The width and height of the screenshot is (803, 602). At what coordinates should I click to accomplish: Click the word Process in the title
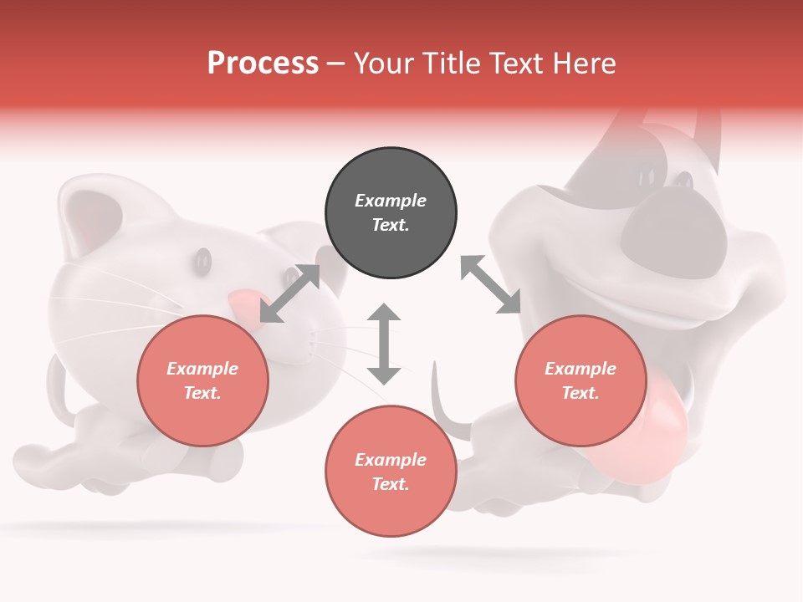(263, 64)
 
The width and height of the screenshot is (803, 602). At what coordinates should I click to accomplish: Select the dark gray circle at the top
(391, 212)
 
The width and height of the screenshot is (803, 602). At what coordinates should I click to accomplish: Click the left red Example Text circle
(202, 380)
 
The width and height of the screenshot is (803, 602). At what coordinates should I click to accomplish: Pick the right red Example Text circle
(581, 380)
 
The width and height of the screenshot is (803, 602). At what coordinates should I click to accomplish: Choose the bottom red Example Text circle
(391, 472)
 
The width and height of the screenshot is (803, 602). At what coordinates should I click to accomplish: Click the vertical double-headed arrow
(384, 344)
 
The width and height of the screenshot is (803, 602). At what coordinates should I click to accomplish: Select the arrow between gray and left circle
(289, 293)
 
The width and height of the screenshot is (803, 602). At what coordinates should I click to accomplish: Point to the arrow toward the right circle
(491, 285)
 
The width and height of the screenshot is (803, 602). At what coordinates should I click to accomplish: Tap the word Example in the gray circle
(391, 201)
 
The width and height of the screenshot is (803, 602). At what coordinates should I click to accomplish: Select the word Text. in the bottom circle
(391, 484)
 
